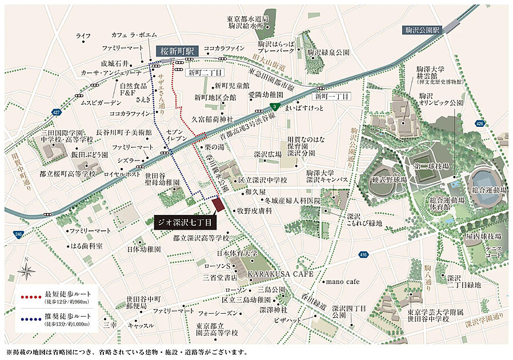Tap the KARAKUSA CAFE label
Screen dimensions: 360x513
280,274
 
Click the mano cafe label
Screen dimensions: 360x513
342,282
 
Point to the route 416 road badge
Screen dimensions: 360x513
364,254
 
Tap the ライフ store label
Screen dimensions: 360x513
83,36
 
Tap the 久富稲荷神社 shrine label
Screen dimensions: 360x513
212,119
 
